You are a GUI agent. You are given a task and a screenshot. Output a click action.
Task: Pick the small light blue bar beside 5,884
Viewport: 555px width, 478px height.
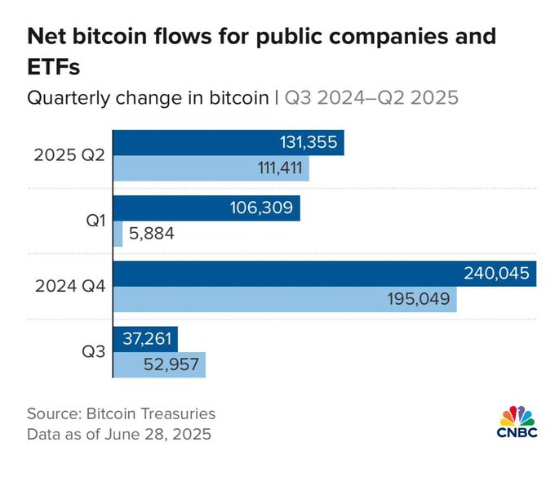pyautogui.click(x=118, y=234)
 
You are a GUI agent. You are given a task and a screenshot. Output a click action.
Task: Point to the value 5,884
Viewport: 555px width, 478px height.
pyautogui.click(x=151, y=234)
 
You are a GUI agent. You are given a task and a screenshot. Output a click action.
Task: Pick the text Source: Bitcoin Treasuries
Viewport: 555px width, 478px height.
pyautogui.click(x=121, y=413)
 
